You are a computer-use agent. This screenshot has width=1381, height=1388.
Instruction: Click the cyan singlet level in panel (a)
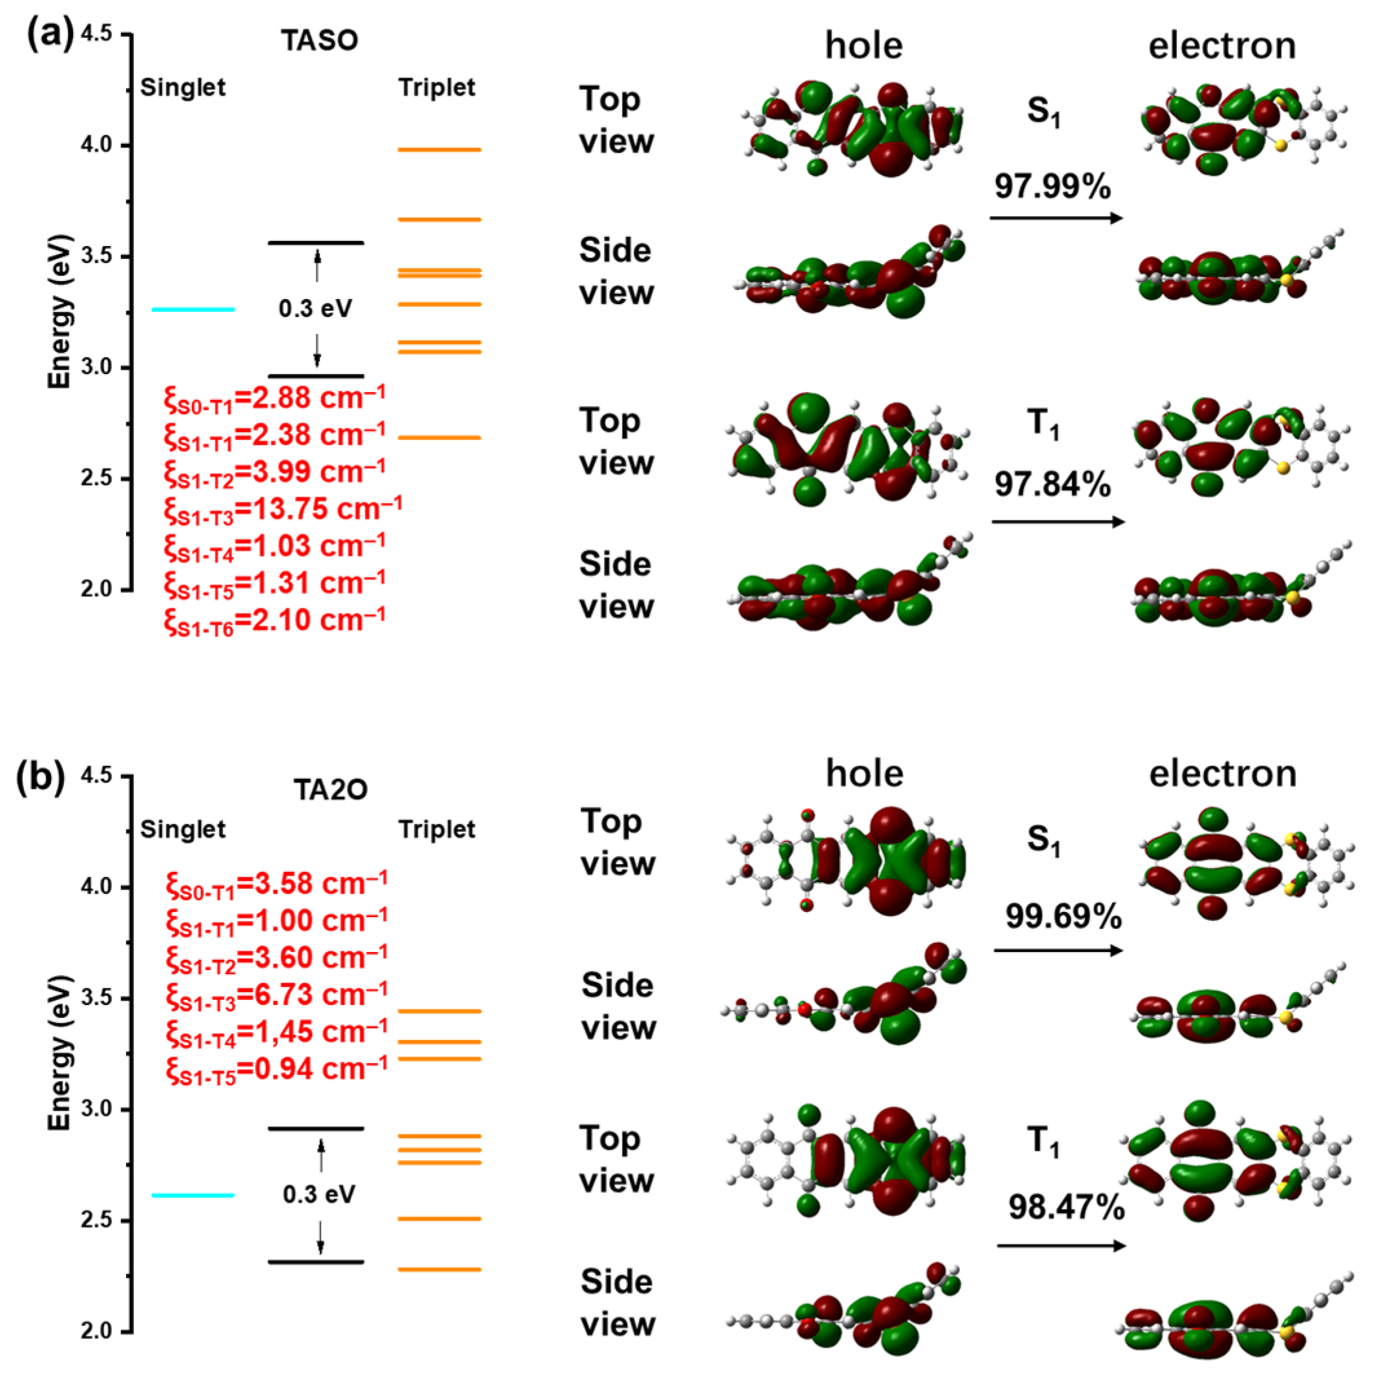[x=192, y=309]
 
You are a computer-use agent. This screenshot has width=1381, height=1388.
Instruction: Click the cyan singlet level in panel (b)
[x=192, y=1196]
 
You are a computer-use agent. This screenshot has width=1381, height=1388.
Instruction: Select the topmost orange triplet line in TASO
[x=439, y=150]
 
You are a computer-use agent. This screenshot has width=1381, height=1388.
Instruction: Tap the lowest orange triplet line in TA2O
[x=439, y=1269]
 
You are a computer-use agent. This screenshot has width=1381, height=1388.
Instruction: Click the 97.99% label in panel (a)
[x=1052, y=187]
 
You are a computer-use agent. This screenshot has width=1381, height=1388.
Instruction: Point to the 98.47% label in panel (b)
[x=1066, y=1207]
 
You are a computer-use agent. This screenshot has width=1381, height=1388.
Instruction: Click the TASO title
[x=319, y=40]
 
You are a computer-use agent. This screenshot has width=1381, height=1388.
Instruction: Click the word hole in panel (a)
[x=863, y=46]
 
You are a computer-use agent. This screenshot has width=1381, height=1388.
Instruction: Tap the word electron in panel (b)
[x=1222, y=774]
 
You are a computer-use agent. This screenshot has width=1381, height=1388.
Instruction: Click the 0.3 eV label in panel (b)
[x=318, y=1195]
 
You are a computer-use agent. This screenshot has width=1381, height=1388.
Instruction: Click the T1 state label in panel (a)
[x=1043, y=424]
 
